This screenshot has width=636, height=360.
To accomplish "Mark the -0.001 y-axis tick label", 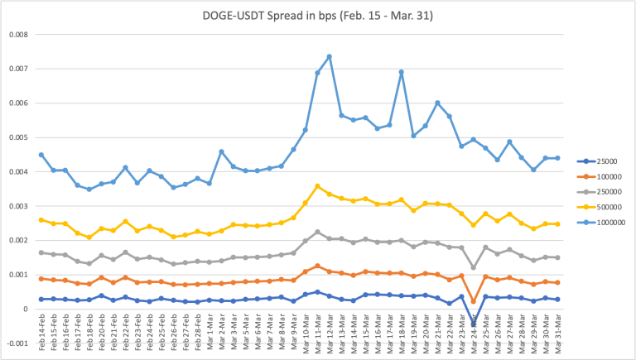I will [x=16, y=343].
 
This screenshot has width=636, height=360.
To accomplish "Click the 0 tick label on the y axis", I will [x=25, y=309].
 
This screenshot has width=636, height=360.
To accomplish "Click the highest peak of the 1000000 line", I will [x=330, y=56].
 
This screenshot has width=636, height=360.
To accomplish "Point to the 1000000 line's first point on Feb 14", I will [x=41, y=155].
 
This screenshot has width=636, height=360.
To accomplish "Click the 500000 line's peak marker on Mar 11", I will [x=317, y=186].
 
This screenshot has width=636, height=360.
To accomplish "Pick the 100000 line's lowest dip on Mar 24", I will [x=473, y=301].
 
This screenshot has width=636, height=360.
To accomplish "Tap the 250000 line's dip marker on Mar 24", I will [x=473, y=267].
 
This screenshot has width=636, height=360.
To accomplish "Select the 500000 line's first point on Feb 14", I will [x=41, y=219].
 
